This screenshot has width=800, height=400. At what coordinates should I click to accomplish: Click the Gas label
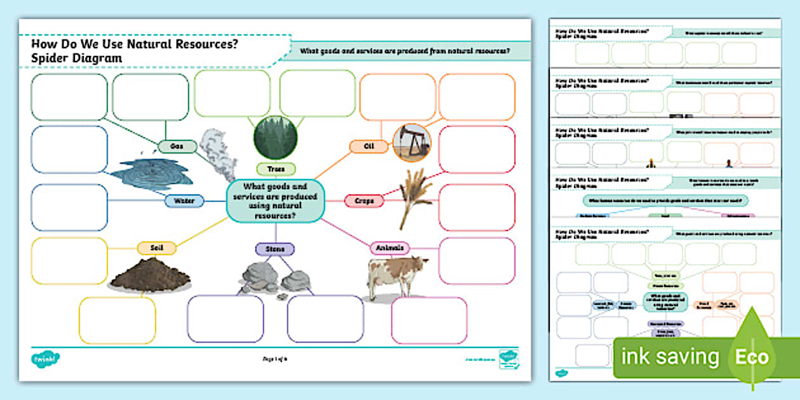(x=177, y=147)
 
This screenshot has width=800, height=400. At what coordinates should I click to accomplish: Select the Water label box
(x=184, y=201)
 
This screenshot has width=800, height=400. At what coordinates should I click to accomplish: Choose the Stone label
(x=276, y=248)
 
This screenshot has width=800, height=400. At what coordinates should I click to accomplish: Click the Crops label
(x=364, y=201)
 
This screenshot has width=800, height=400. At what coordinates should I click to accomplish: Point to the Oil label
(x=369, y=147)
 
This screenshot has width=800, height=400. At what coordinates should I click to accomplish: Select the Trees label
(x=276, y=169)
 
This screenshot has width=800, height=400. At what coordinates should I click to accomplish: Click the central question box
(x=276, y=201)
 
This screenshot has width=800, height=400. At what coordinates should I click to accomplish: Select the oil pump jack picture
(x=412, y=143)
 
